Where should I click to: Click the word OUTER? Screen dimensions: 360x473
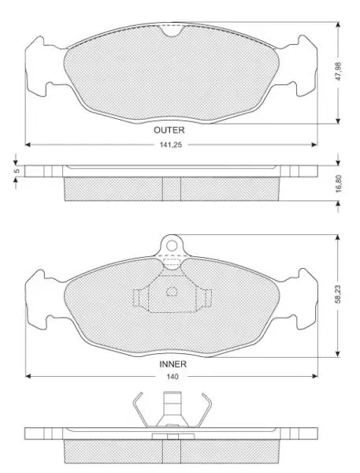click(x=169, y=130)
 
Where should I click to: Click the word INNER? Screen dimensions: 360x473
click(x=173, y=364)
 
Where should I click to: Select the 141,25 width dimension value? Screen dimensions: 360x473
click(x=171, y=145)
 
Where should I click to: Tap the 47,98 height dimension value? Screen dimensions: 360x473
click(x=338, y=72)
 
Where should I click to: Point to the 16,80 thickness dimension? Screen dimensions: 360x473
click(x=338, y=184)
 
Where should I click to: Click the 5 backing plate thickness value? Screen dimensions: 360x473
click(x=17, y=171)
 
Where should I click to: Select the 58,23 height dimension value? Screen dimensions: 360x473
click(x=338, y=294)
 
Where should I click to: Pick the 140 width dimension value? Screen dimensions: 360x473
click(x=173, y=377)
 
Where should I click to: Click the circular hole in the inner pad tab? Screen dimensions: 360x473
click(x=172, y=246)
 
